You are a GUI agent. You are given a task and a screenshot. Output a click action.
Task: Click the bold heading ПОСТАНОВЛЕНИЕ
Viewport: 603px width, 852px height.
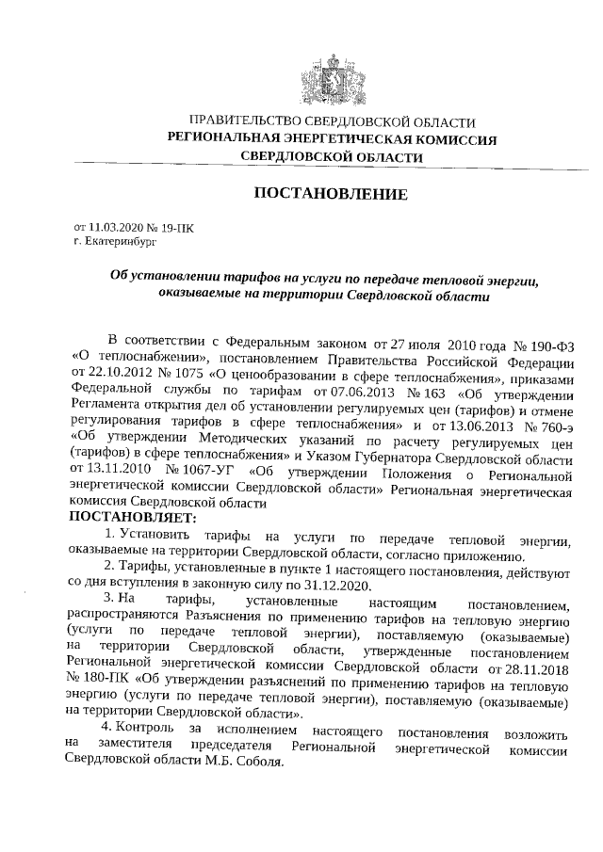tap(331, 195)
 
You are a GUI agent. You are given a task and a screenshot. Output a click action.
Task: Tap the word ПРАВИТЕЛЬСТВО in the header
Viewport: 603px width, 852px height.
tap(246, 122)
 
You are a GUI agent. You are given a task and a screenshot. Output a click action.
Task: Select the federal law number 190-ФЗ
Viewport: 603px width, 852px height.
tap(540, 340)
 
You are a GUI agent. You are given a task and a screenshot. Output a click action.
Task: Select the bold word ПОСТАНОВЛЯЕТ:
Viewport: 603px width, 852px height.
tap(131, 519)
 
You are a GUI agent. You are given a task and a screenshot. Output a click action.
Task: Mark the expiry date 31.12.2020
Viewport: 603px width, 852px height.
tap(333, 585)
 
